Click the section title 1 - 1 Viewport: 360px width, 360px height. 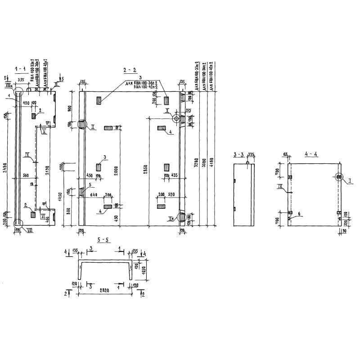[21, 69]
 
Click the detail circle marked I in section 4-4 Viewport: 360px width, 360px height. [338, 177]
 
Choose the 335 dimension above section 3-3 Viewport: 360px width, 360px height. [251, 155]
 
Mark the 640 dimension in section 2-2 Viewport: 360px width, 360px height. [93, 195]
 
